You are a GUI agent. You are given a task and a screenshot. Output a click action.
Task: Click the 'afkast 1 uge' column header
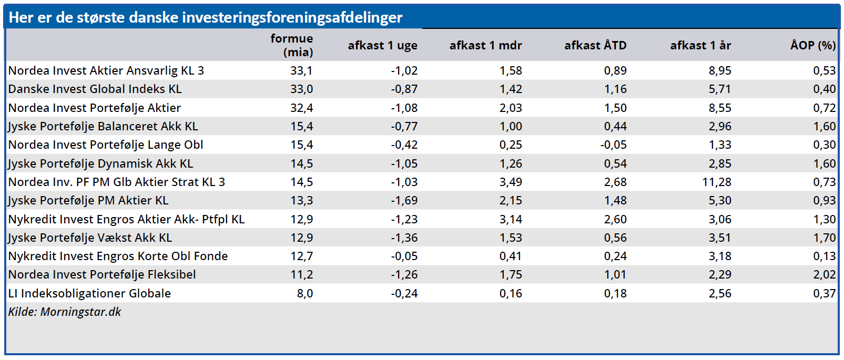click(382, 46)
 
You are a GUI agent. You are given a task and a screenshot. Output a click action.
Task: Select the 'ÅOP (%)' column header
click(812, 46)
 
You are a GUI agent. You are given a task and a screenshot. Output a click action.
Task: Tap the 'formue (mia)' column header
click(292, 45)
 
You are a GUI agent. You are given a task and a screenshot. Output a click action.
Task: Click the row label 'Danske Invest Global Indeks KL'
click(95, 89)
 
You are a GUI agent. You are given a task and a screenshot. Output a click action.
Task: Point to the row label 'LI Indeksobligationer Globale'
click(89, 293)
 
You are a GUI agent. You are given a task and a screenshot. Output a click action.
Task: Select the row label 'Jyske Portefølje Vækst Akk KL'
click(90, 238)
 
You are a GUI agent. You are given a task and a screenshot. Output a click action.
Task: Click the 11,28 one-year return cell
click(716, 182)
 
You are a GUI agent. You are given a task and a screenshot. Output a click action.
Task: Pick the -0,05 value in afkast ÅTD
click(613, 145)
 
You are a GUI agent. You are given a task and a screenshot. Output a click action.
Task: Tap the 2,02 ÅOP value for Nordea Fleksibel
click(824, 275)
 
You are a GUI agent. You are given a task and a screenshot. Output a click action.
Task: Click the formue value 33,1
click(301, 71)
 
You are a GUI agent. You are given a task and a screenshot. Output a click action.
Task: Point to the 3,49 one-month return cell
click(511, 182)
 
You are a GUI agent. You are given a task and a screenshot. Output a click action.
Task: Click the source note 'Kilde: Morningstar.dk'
click(64, 312)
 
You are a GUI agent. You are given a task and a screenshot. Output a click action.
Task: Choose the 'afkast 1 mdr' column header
click(485, 46)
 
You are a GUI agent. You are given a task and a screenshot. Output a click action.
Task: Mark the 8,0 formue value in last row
click(304, 293)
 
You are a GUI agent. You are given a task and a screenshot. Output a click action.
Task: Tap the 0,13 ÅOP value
click(824, 256)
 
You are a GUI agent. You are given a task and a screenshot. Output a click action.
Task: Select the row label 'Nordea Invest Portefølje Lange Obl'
click(105, 145)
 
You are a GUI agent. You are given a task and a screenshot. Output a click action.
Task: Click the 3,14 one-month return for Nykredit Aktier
click(511, 220)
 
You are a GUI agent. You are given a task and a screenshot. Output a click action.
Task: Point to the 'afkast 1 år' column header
click(700, 46)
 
